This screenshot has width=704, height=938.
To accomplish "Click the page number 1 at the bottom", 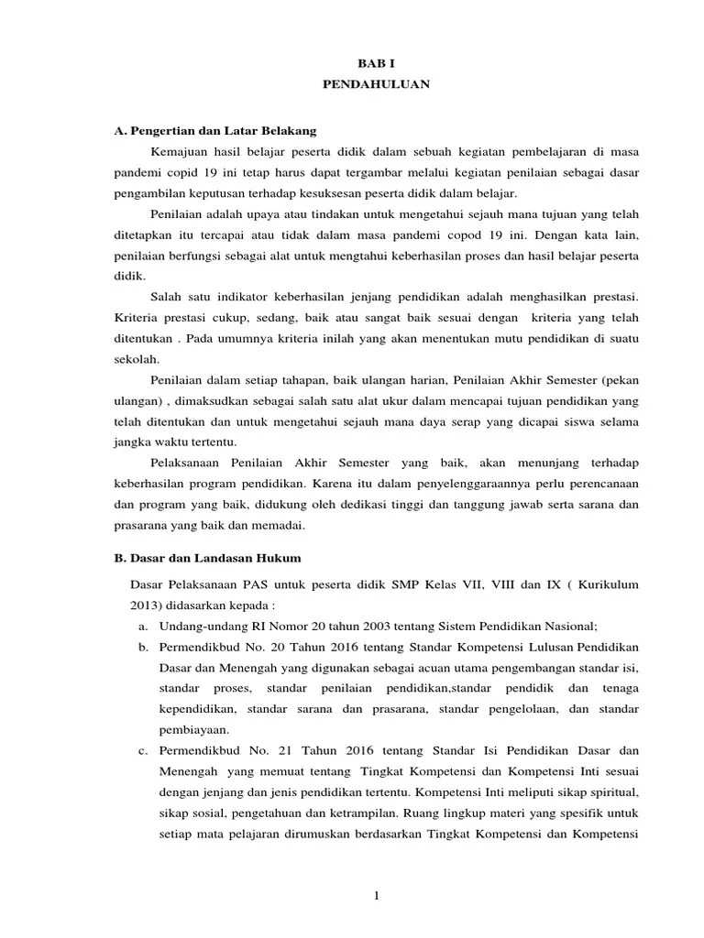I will click(376, 895).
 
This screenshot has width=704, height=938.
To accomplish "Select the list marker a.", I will click(144, 626).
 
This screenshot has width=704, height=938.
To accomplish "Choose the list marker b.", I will click(144, 647).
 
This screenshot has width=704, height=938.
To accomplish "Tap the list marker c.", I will click(144, 751).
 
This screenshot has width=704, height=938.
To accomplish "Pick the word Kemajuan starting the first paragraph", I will click(178, 151).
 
